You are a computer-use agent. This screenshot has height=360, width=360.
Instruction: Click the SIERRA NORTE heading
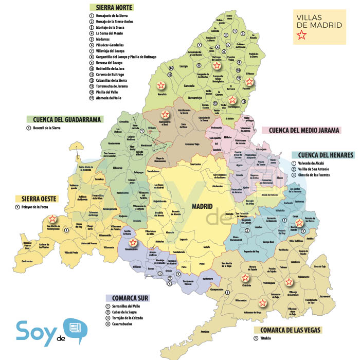click(112, 8)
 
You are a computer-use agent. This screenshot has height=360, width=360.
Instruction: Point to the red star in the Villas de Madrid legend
click(301, 35)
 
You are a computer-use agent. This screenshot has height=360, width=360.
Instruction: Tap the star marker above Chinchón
click(244, 279)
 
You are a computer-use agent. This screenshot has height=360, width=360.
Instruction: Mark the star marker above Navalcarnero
click(133, 242)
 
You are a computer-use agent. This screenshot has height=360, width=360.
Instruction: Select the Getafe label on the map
click(206, 247)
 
